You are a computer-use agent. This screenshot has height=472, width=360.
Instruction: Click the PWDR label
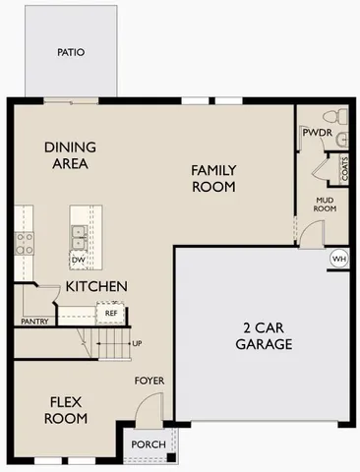[315, 132]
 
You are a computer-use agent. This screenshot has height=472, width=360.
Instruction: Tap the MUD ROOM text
[326, 204]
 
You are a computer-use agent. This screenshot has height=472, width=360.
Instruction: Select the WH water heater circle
[339, 259]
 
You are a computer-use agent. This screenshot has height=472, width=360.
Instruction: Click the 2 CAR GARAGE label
[264, 336]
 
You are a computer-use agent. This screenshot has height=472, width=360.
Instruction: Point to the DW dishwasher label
[79, 260]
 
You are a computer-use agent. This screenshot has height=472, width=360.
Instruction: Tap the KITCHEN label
[96, 286]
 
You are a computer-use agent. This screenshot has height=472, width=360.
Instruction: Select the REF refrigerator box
[110, 314]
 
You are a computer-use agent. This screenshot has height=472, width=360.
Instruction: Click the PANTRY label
[34, 321]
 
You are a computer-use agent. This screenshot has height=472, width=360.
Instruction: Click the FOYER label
[149, 380]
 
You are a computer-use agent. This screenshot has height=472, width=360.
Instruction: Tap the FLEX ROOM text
[67, 409]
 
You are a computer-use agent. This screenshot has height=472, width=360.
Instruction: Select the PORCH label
[149, 444]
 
